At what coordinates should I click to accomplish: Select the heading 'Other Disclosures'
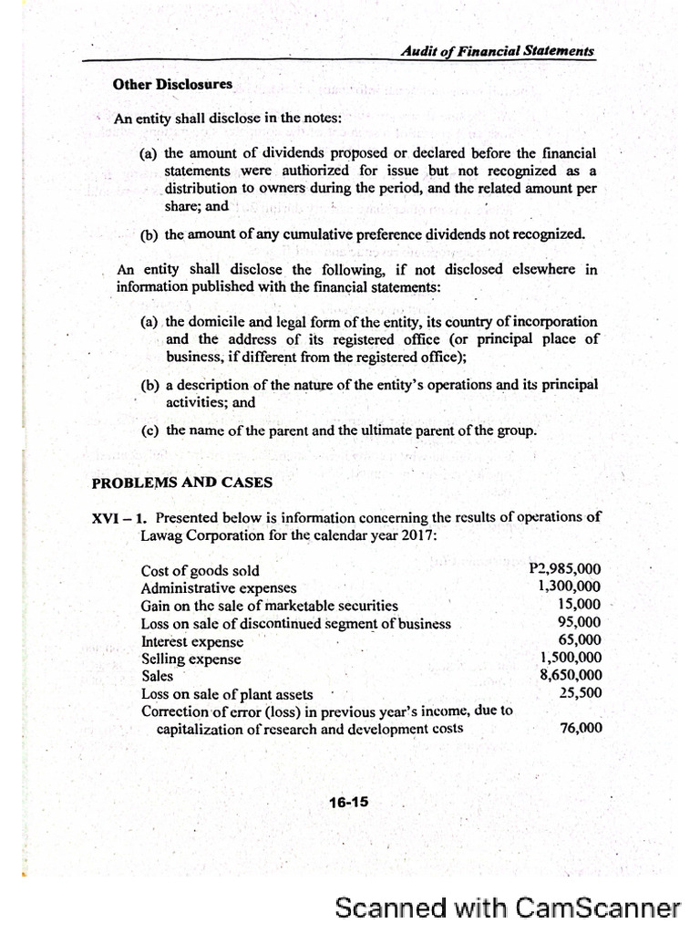point(172,85)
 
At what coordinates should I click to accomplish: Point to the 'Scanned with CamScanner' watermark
point(508,907)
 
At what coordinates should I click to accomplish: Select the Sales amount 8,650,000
point(571,675)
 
